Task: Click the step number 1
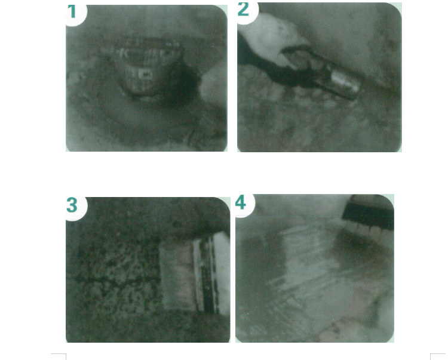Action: [x=72, y=12]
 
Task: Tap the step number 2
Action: [x=244, y=10]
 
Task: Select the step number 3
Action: [x=72, y=205]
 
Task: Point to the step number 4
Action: [x=240, y=203]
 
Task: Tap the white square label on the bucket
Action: [x=145, y=73]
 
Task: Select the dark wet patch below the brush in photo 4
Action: [x=357, y=245]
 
